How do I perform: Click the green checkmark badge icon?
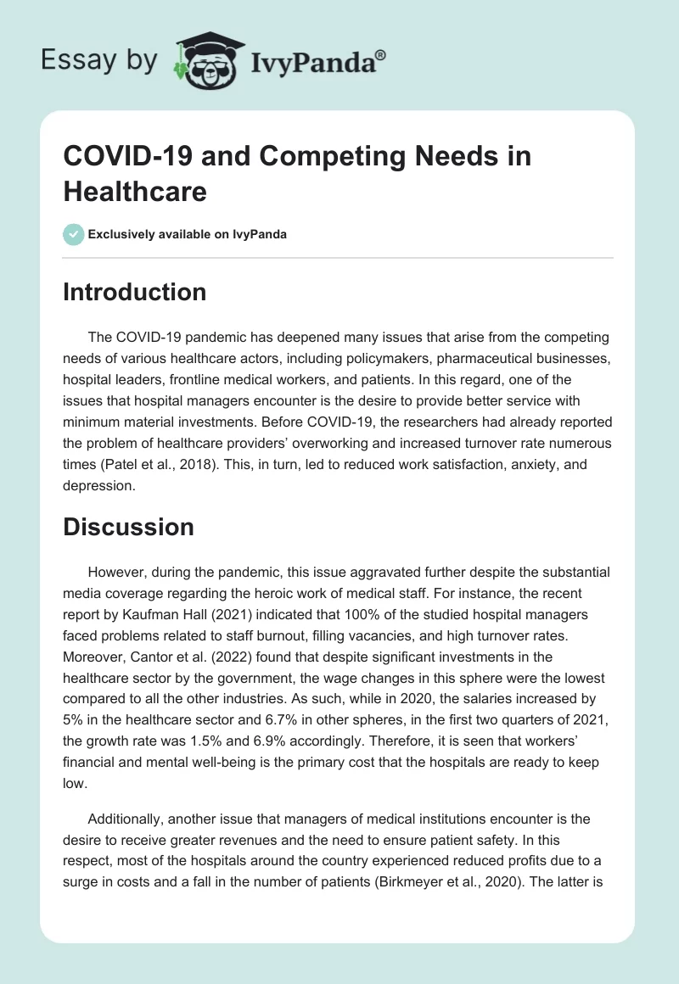(74, 234)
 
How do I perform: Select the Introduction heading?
(134, 292)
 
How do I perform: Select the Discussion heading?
(128, 526)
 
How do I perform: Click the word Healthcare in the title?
(135, 192)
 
